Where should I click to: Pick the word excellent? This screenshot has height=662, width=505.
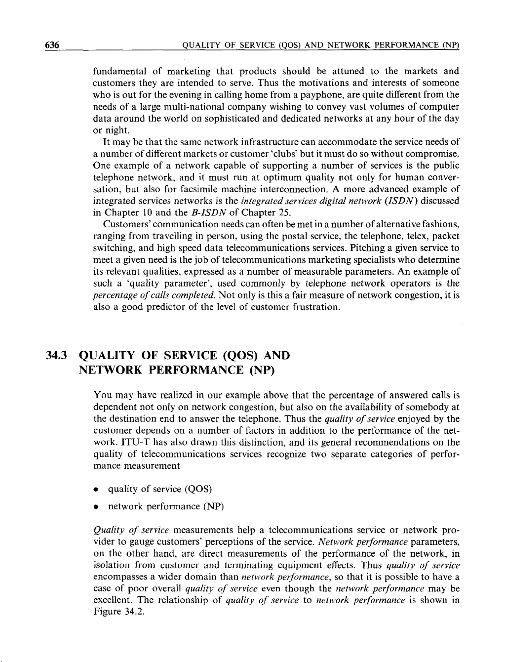pyautogui.click(x=113, y=600)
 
